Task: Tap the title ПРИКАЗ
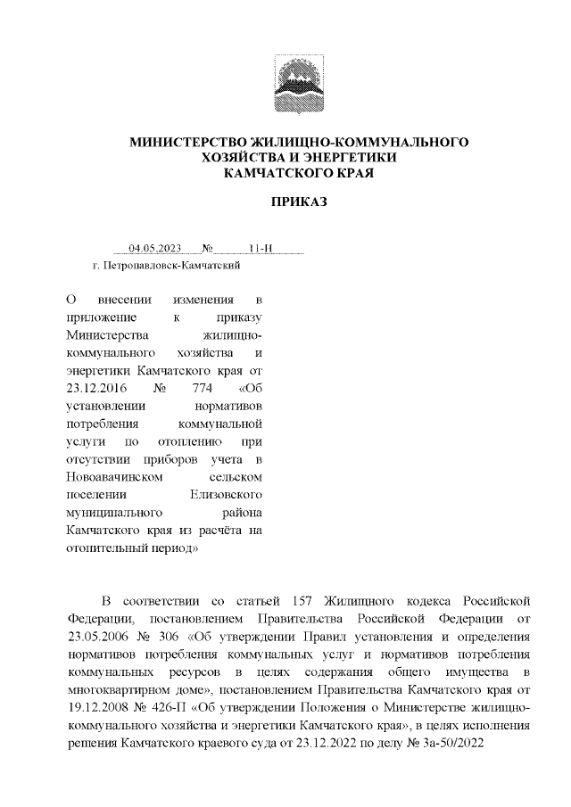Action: [x=299, y=202]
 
